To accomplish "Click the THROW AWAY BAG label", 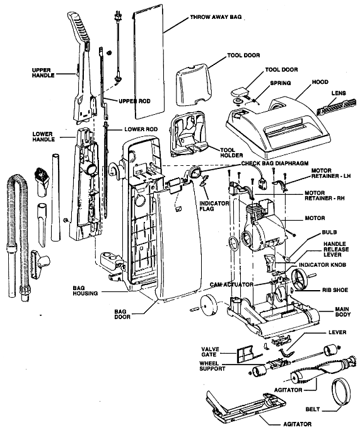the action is point(216,17).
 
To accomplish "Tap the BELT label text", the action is point(313,409).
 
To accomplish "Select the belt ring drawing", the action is point(341,392).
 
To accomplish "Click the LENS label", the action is point(339,93).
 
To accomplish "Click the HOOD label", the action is point(320,82).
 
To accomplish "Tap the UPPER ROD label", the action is point(134,101).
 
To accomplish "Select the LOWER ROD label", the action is point(141,129).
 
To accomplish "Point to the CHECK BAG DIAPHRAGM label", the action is point(275,163).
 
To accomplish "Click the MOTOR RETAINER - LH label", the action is point(331,173).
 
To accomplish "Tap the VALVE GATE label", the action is point(210,352).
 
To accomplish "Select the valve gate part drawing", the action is point(244,354).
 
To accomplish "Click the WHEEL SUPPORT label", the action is point(212,366).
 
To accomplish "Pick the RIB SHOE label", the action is point(335,290).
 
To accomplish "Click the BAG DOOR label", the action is point(122,314).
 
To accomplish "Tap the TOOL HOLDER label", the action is point(231,153).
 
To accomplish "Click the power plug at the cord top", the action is point(118,16).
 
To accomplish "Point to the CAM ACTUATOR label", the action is point(231,284).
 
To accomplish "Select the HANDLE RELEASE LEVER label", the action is point(336,249).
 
